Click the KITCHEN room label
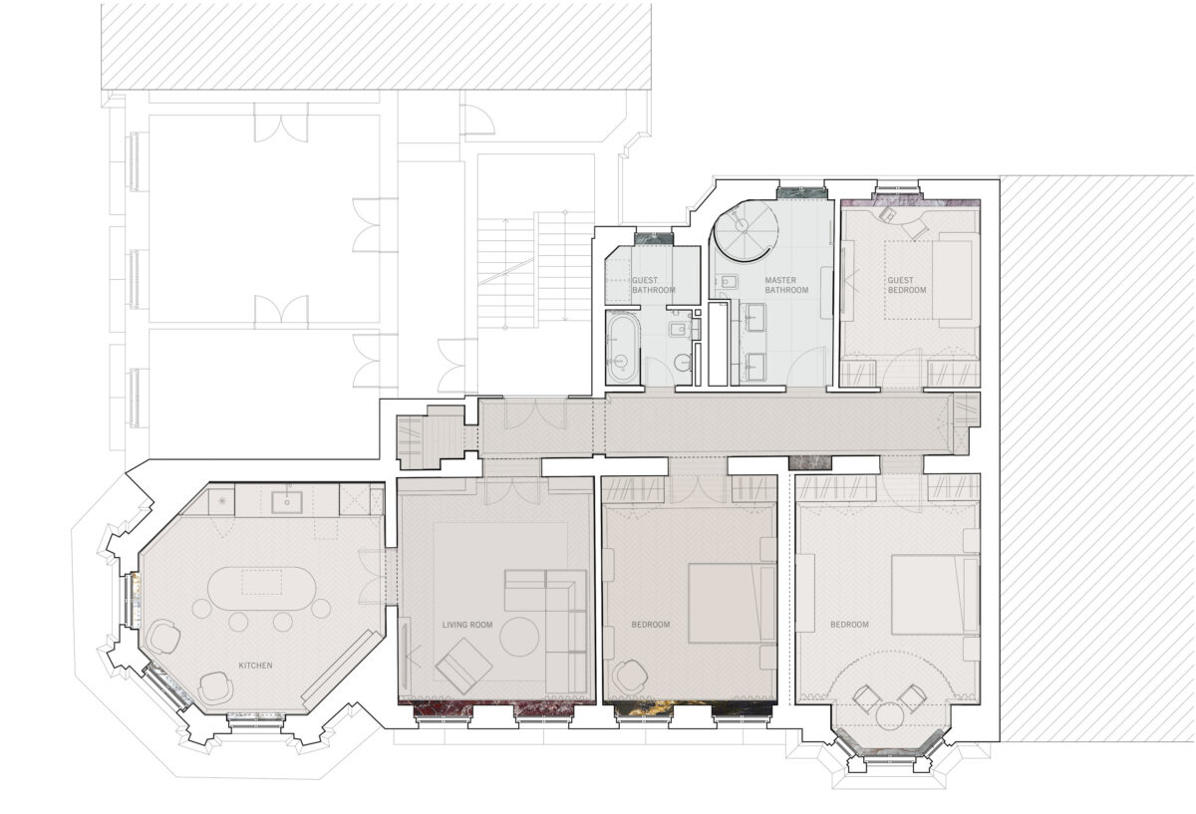(x=255, y=666)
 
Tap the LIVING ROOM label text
(x=467, y=625)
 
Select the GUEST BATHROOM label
(x=654, y=285)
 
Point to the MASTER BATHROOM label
(x=786, y=285)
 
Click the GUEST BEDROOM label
(x=907, y=285)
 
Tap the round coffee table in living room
(x=519, y=637)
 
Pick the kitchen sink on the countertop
(x=287, y=502)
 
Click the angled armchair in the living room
(x=463, y=666)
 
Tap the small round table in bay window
(x=889, y=716)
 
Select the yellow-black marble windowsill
(x=694, y=708)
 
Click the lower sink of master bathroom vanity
(x=754, y=367)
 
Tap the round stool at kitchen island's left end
(x=201, y=609)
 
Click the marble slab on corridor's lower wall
(x=810, y=462)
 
